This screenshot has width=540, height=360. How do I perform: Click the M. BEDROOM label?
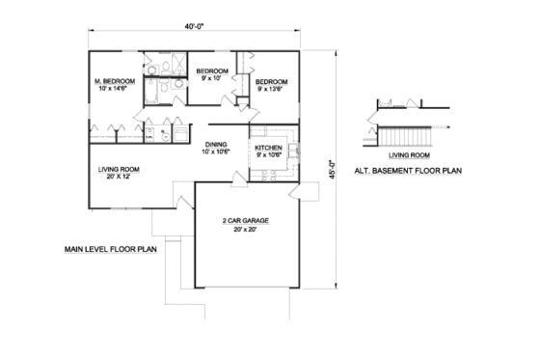(112, 80)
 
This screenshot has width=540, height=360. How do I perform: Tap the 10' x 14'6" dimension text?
(112, 89)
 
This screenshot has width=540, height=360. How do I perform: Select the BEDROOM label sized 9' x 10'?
(212, 71)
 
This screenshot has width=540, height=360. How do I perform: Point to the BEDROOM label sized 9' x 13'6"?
(271, 83)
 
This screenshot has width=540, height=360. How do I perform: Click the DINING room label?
(215, 145)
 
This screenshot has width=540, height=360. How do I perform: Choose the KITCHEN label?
(268, 148)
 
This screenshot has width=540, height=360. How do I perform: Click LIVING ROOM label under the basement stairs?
(408, 152)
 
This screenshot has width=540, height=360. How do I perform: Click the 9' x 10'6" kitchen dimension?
(268, 155)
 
